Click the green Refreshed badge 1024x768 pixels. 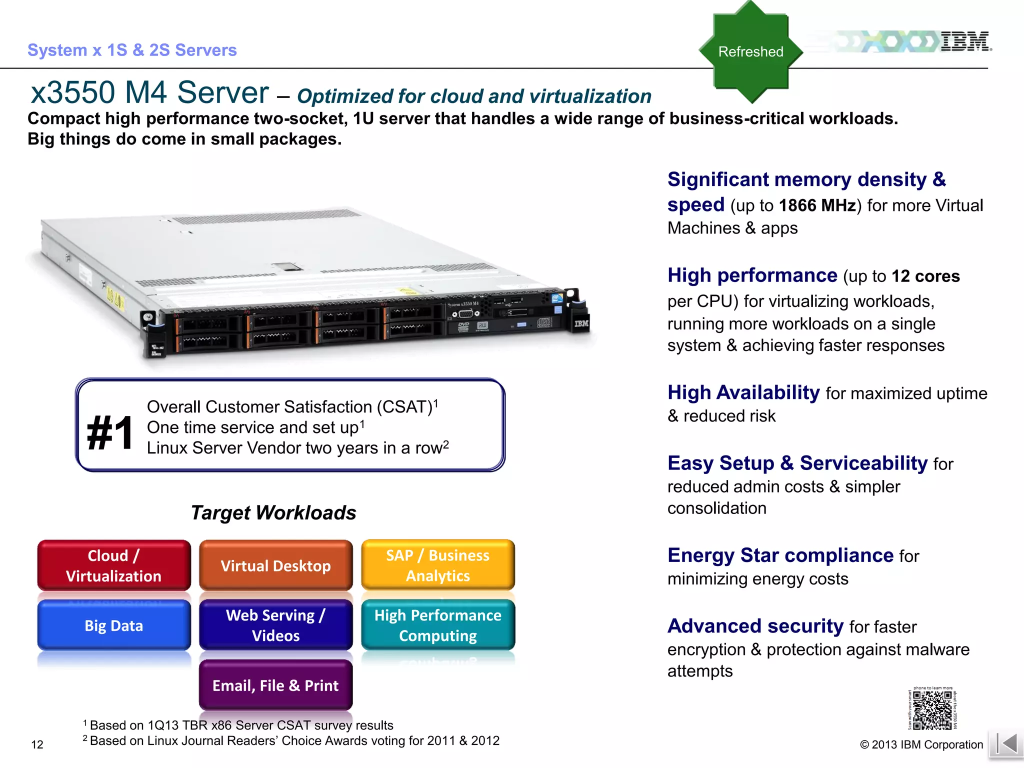750,51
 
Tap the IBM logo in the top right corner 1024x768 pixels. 965,41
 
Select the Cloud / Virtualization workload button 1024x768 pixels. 114,565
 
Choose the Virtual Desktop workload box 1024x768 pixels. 275,565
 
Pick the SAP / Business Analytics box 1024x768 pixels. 437,565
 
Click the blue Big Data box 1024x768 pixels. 114,625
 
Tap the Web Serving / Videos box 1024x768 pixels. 275,625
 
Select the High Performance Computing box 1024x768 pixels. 437,625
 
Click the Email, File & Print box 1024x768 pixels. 275,685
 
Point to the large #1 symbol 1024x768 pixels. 110,433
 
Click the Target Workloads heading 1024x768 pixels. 273,513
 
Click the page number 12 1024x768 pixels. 37,744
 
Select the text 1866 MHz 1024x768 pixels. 817,205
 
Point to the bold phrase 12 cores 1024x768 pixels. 925,276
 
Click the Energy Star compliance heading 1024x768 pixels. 780,555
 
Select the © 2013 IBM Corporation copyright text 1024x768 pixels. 921,744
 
